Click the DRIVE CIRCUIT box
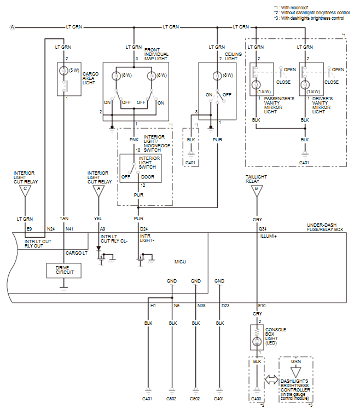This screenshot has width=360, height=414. tap(63, 271)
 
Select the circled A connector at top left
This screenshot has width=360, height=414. tap(12, 27)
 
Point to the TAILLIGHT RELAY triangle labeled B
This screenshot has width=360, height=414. tap(256, 190)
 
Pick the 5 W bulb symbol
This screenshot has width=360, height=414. tap(65, 70)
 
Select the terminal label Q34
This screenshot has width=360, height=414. tap(263, 228)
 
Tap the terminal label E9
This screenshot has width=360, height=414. tap(28, 228)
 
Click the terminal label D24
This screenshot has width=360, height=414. tap(144, 228)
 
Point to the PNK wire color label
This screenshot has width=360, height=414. tap(134, 140)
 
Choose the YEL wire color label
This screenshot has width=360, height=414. tap(98, 217)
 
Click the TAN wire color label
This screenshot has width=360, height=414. tap(64, 217)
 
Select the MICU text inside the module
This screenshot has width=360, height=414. tap(180, 262)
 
